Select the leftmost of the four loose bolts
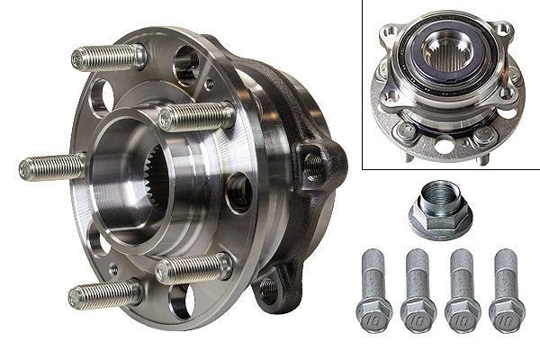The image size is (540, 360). (x=373, y=288)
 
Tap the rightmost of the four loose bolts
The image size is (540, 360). (x=506, y=288)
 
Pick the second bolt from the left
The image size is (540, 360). (x=418, y=288)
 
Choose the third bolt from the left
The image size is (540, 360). (x=463, y=288)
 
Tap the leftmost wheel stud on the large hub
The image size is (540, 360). (x=49, y=167)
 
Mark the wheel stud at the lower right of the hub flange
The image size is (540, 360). (x=192, y=268)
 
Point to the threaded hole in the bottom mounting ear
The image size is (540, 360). (x=268, y=290)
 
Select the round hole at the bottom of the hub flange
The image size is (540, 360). (x=178, y=301)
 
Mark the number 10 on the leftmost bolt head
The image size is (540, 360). (x=373, y=318)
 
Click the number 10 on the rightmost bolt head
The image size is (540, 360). (x=506, y=318)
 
